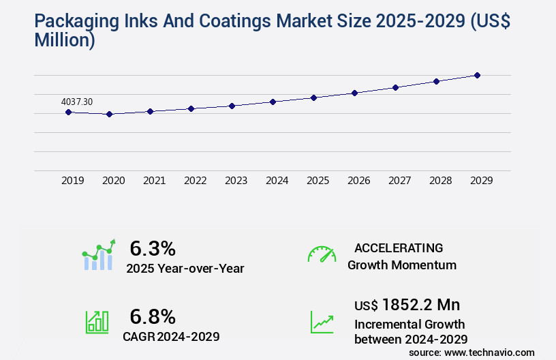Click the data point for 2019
tap(68, 112)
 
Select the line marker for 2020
tap(109, 114)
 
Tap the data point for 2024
tap(273, 102)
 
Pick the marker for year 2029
tap(477, 75)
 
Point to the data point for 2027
tap(395, 87)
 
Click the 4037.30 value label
tap(77, 102)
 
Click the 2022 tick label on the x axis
tap(195, 181)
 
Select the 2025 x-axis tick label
tap(318, 181)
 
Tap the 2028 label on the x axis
tap(440, 181)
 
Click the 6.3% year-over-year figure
tap(153, 249)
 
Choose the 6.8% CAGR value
tap(153, 316)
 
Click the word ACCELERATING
tap(399, 248)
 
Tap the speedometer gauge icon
tap(322, 254)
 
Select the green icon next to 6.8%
tap(97, 322)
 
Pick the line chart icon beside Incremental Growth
tap(322, 322)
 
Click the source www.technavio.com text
tap(472, 352)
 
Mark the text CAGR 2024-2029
tap(171, 336)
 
